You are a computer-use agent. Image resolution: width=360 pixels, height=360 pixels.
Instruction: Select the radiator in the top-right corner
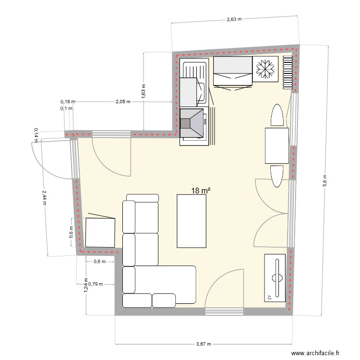click(288, 72)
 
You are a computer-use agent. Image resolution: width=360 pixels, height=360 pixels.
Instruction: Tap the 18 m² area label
click(201, 191)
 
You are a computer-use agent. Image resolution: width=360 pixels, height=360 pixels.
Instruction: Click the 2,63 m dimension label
click(234, 20)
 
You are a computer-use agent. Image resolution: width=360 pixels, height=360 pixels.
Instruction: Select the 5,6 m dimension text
click(325, 180)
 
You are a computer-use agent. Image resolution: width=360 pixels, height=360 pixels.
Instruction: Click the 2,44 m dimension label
click(44, 196)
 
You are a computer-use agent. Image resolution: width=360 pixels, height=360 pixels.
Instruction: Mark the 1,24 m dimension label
click(85, 286)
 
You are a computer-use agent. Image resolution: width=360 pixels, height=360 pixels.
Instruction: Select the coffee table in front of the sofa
click(192, 221)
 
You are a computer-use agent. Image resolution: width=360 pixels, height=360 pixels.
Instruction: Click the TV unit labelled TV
click(276, 278)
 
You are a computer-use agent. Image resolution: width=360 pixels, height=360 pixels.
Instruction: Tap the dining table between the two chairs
click(276, 145)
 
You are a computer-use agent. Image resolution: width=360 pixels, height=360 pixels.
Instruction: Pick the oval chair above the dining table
click(276, 116)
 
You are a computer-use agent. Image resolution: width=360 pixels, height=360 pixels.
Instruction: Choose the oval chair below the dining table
click(276, 176)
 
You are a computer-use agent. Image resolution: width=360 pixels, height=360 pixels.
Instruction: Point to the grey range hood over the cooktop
click(192, 123)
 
